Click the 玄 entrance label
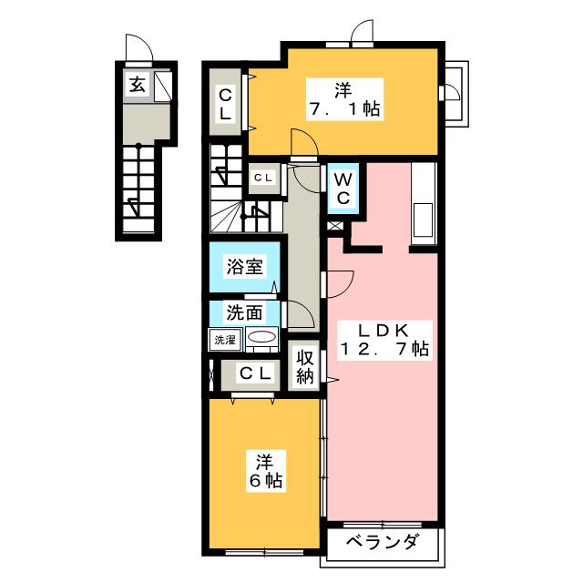click(x=138, y=85)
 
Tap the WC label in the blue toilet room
click(x=343, y=189)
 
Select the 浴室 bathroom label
click(x=244, y=266)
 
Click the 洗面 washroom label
click(x=244, y=312)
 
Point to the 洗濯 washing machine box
click(x=225, y=340)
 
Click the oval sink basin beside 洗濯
click(x=261, y=337)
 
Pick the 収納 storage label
click(x=304, y=367)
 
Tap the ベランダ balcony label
click(x=383, y=542)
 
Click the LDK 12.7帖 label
click(x=384, y=340)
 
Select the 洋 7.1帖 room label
click(x=344, y=99)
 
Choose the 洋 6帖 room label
click(x=266, y=471)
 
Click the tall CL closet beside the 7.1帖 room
click(x=225, y=102)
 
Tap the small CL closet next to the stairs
click(x=263, y=179)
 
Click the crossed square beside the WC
click(x=335, y=226)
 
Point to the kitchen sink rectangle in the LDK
click(x=423, y=220)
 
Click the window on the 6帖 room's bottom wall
click(x=264, y=552)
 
